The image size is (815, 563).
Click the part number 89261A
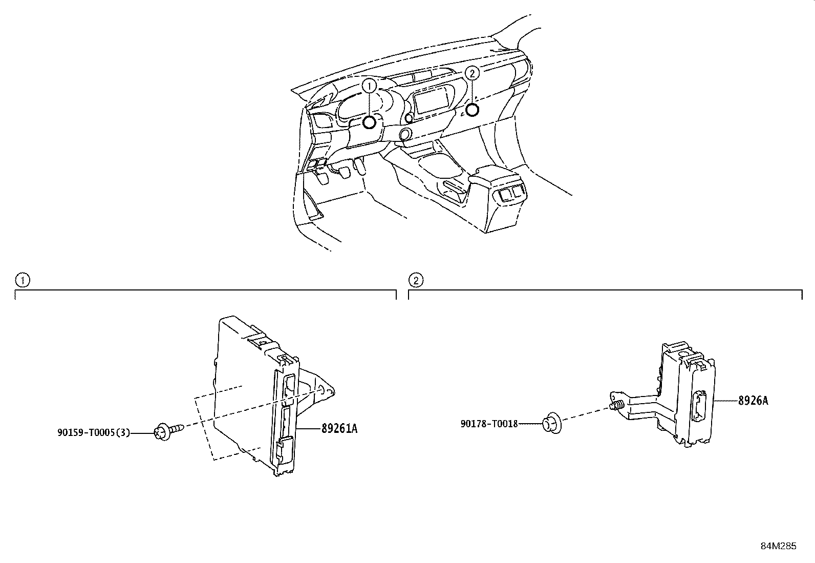pyautogui.click(x=339, y=429)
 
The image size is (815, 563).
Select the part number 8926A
pyautogui.click(x=753, y=401)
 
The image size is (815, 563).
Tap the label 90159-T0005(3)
pyautogui.click(x=93, y=433)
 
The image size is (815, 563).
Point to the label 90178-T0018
pyautogui.click(x=489, y=424)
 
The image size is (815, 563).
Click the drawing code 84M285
pyautogui.click(x=778, y=546)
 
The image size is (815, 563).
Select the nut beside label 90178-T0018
pyautogui.click(x=551, y=423)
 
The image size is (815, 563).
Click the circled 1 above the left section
pyautogui.click(x=22, y=280)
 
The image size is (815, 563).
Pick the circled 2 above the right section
pyautogui.click(x=416, y=280)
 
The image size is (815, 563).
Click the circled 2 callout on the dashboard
pyautogui.click(x=472, y=73)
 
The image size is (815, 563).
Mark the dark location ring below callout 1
pyautogui.click(x=369, y=122)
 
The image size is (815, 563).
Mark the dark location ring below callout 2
pyautogui.click(x=472, y=109)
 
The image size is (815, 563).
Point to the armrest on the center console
pyautogui.click(x=494, y=176)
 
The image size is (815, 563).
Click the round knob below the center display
pyautogui.click(x=405, y=135)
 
